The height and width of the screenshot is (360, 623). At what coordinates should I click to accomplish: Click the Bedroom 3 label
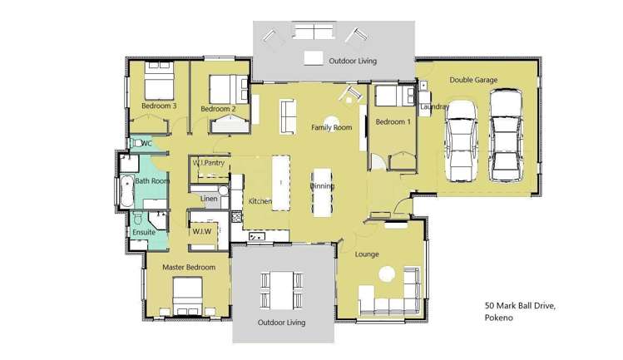click(159, 106)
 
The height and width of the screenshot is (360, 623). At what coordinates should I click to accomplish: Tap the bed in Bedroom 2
click(229, 90)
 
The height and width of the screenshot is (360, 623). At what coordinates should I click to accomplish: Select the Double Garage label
click(473, 80)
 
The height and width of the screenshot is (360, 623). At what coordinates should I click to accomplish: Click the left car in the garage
click(462, 141)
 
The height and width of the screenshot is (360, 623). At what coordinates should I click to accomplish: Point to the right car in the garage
click(506, 135)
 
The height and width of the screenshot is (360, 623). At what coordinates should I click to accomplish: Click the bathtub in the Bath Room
click(126, 191)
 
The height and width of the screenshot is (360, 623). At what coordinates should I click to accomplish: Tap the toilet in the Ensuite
click(138, 218)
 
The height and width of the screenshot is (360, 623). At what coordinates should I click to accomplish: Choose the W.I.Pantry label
click(209, 163)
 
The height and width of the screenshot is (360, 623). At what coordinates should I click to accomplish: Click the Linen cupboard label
click(209, 199)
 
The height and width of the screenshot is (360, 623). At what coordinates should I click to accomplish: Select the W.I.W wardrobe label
click(202, 231)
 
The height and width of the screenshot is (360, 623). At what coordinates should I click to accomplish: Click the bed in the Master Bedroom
click(188, 297)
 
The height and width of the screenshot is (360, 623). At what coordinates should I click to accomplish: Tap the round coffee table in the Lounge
click(387, 274)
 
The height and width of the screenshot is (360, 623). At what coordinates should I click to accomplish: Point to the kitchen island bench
click(281, 183)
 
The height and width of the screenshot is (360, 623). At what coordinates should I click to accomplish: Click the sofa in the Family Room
click(289, 116)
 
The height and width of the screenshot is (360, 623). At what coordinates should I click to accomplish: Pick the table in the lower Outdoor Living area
click(282, 290)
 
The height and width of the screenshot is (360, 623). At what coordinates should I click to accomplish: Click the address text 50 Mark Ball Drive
click(520, 306)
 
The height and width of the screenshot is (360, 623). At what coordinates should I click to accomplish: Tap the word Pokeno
click(498, 318)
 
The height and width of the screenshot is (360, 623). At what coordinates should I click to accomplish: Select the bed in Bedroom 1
click(394, 96)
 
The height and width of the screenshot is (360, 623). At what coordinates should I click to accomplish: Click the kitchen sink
click(257, 237)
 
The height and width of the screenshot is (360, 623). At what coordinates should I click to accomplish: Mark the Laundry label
click(434, 106)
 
